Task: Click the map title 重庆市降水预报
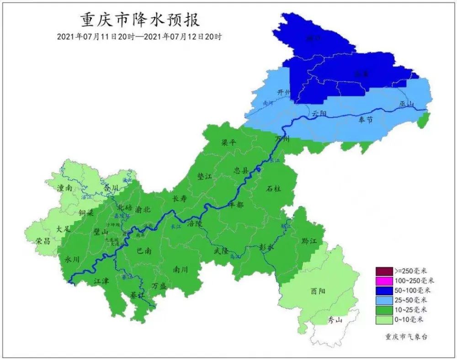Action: click(140, 21)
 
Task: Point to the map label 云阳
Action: click(319, 113)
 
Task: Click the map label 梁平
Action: click(229, 143)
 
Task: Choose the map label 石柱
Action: click(274, 188)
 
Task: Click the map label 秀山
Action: click(335, 320)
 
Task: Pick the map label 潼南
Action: click(65, 188)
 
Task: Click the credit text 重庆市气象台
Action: click(403, 337)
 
